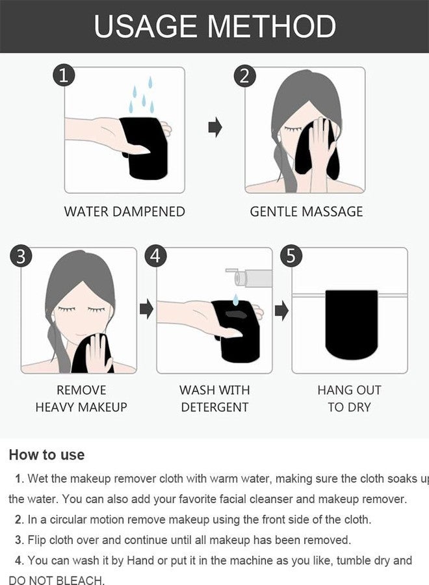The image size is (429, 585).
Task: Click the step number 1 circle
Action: coord(64,75)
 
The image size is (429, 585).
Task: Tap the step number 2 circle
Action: coord(244,76)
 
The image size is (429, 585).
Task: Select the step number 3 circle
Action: coord(21,256)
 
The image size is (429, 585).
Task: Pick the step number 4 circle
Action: coord(155,256)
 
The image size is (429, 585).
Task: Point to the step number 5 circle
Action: coord(291,256)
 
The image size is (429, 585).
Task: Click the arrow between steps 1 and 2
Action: coord(215,127)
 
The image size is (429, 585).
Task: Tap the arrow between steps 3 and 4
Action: coord(147,309)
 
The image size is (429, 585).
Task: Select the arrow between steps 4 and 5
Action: coord(281,311)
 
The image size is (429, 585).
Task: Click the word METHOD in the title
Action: coord(272,27)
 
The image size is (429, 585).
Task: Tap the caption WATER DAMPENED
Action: coord(125,211)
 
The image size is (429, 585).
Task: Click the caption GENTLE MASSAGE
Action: coord(306,211)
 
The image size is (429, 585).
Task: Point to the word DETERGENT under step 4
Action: coord(214,407)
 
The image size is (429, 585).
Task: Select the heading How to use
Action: coord(47,455)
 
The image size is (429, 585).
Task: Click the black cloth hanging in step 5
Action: coord(351,324)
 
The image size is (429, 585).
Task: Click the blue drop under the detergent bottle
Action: coord(235,299)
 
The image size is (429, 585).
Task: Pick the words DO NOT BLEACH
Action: coord(57,580)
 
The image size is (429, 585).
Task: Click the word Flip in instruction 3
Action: coord(37,540)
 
